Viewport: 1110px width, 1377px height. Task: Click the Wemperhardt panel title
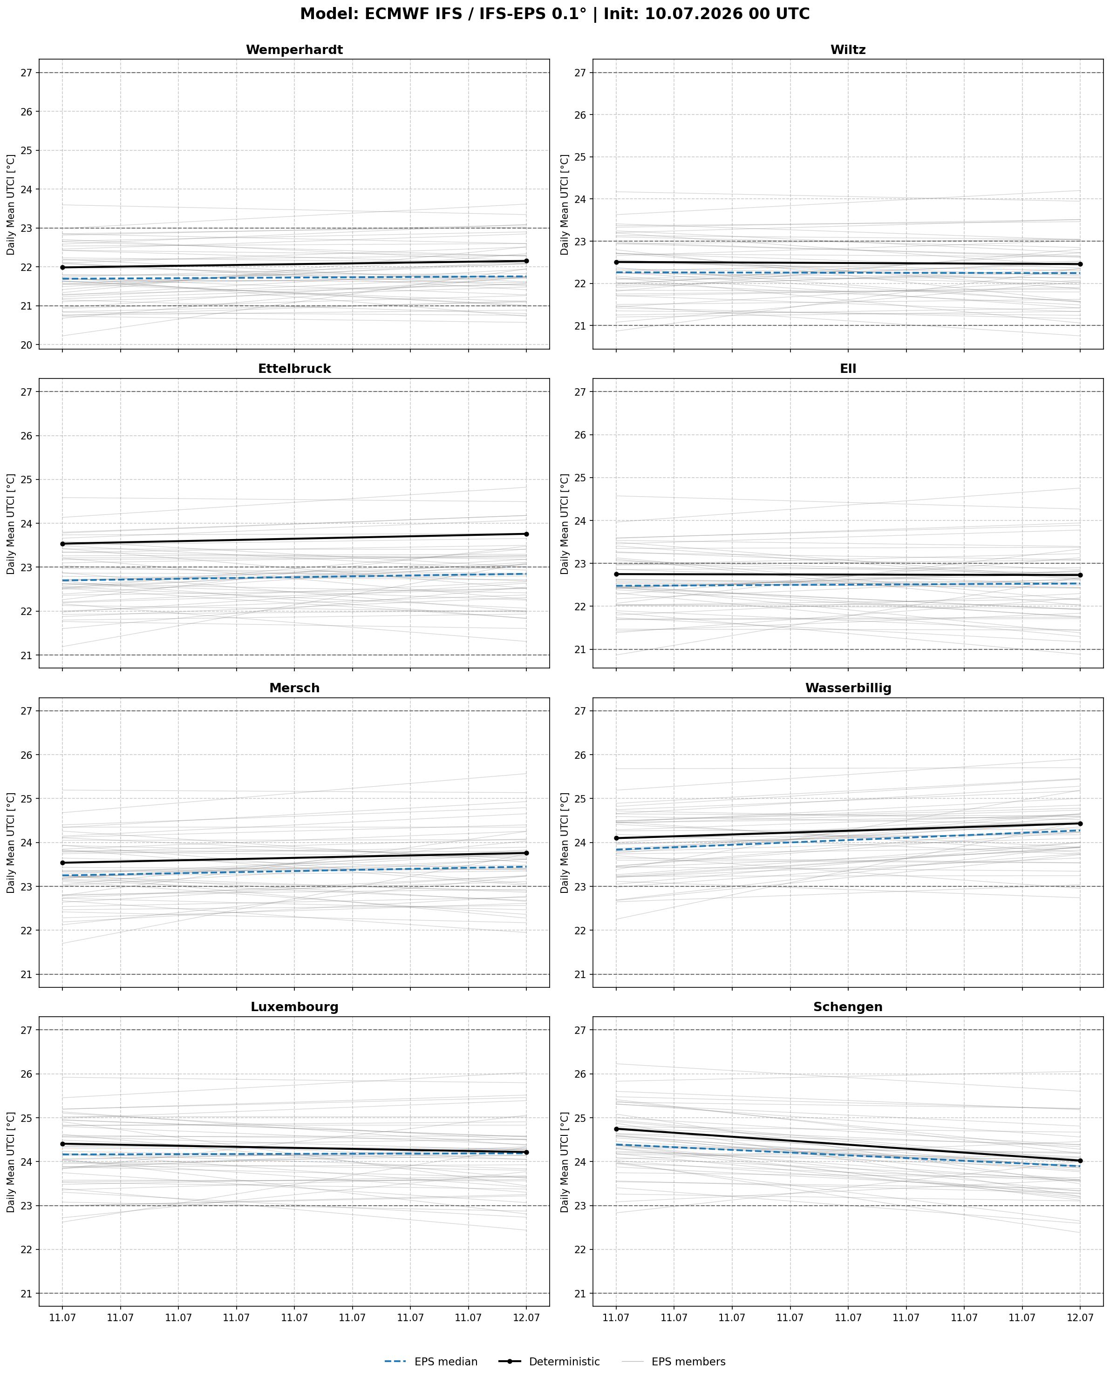[294, 50]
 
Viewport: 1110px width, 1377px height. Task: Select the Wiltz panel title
[848, 50]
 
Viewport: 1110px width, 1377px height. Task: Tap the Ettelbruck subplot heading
[294, 369]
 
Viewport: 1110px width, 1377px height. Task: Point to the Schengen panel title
[848, 1007]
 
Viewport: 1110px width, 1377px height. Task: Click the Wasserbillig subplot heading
[848, 688]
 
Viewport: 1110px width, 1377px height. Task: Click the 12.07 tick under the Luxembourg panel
[526, 1317]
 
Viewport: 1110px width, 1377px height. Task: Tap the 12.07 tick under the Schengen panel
[1080, 1317]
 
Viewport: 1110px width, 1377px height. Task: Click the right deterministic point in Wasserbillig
[1080, 823]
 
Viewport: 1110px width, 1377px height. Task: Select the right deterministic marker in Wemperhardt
[526, 261]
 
